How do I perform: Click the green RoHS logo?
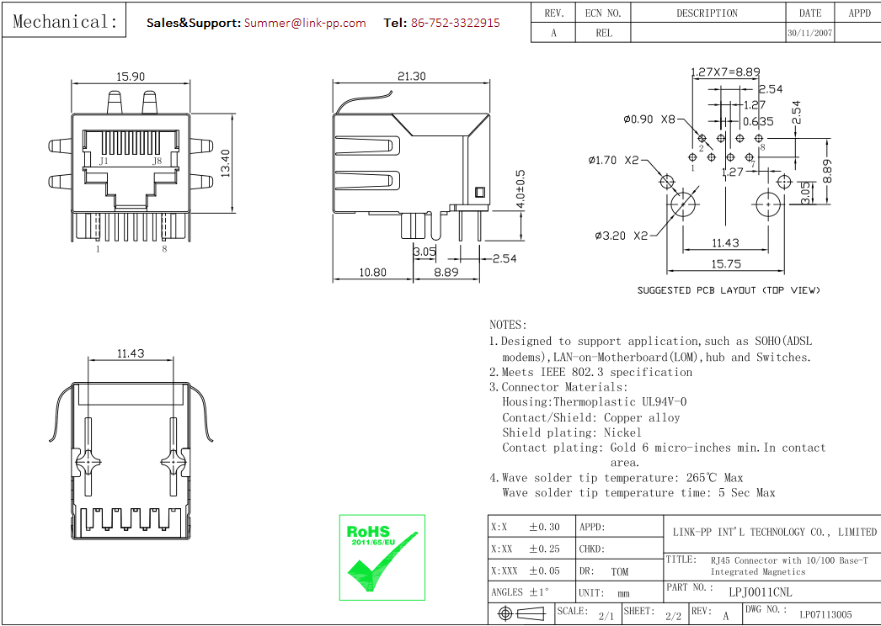(x=382, y=557)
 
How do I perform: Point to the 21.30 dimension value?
(x=411, y=77)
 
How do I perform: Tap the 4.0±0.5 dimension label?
(x=520, y=189)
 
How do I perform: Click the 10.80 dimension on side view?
(x=372, y=273)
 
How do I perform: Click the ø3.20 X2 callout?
(x=622, y=236)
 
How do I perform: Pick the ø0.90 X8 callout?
(x=649, y=119)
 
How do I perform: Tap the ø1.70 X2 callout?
(x=614, y=160)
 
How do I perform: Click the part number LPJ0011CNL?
(x=760, y=592)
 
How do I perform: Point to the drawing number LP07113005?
(x=825, y=615)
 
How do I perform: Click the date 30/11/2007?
(x=810, y=34)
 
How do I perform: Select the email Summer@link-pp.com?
(x=305, y=23)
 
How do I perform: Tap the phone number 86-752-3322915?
(x=455, y=23)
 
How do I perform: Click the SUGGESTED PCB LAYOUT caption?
(x=728, y=290)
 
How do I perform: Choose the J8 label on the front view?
(x=157, y=161)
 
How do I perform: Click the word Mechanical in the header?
(x=65, y=22)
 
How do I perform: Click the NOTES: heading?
(x=508, y=325)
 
